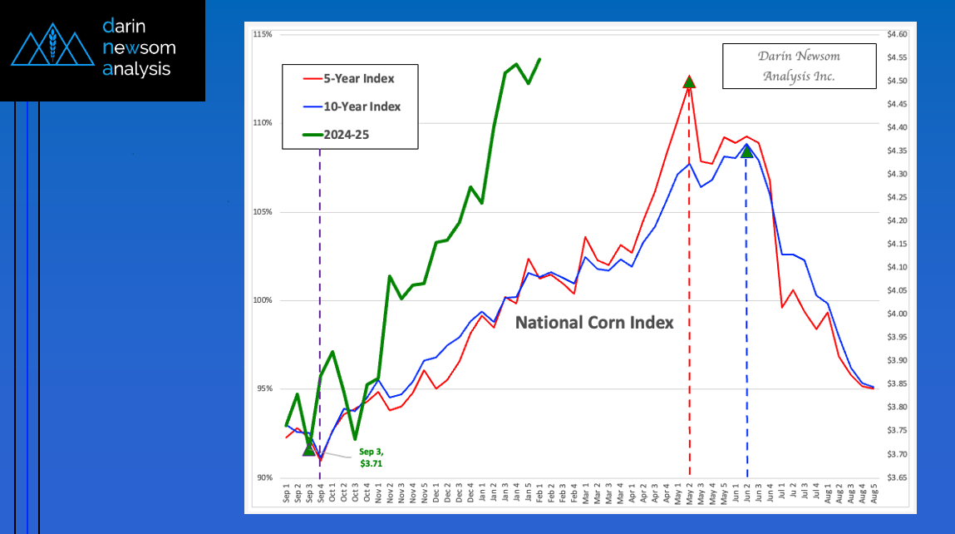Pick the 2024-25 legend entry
[x=350, y=133]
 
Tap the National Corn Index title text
[x=594, y=322]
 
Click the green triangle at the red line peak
[x=689, y=82]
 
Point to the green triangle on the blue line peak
[x=746, y=151]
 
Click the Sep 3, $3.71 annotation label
[x=371, y=457]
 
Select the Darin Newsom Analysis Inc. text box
[x=798, y=66]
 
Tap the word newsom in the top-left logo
[x=139, y=47]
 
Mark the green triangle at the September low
[x=309, y=449]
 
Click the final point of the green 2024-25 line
[x=539, y=59]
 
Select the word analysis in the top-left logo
[x=136, y=69]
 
